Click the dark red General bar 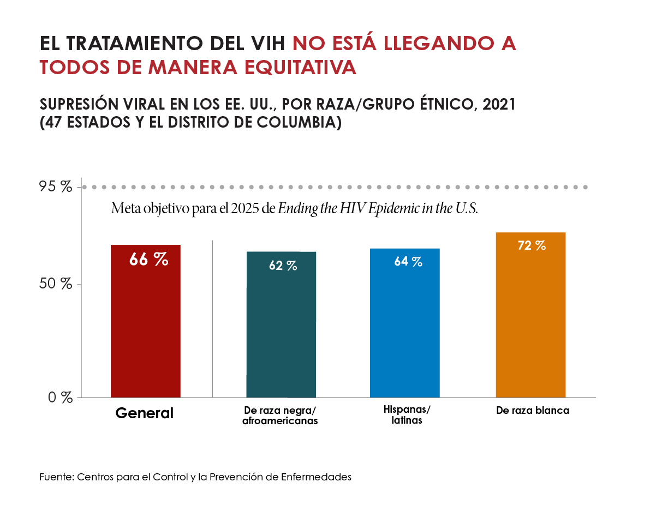(145, 327)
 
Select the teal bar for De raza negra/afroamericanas (281, 333)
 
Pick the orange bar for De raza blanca (530, 322)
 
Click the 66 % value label (148, 260)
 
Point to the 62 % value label (283, 266)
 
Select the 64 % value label (408, 262)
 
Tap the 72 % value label (531, 245)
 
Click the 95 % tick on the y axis (56, 187)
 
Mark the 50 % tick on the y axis (56, 284)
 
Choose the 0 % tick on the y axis (59, 397)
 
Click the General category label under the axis (144, 413)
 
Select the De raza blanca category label (532, 411)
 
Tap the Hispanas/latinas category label (407, 415)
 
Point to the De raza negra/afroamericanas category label (279, 415)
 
